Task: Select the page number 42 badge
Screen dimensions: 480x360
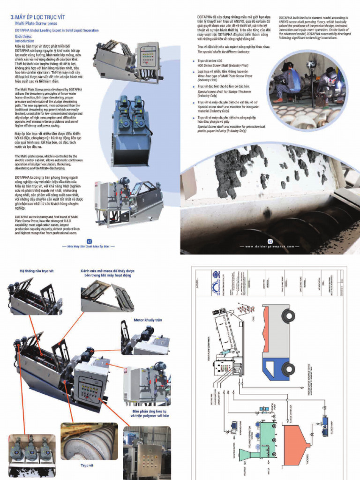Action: pos(89,241)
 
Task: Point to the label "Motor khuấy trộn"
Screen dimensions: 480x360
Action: pos(148,320)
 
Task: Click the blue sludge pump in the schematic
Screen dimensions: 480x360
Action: pos(324,421)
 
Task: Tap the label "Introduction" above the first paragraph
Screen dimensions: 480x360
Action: pos(25,41)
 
